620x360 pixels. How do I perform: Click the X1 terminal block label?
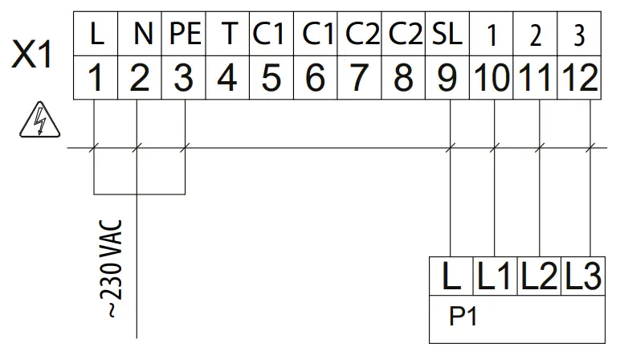(x=32, y=57)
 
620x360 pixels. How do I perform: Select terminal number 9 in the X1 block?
(x=448, y=78)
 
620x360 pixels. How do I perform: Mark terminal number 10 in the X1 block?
(x=492, y=78)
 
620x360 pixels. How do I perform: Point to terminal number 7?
(x=360, y=78)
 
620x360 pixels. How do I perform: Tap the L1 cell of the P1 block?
(x=495, y=278)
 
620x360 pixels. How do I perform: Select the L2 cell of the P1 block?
(x=539, y=278)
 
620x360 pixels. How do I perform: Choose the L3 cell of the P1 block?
(x=581, y=278)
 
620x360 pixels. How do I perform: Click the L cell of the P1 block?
(x=451, y=278)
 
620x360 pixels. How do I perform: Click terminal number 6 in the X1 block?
(x=316, y=78)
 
